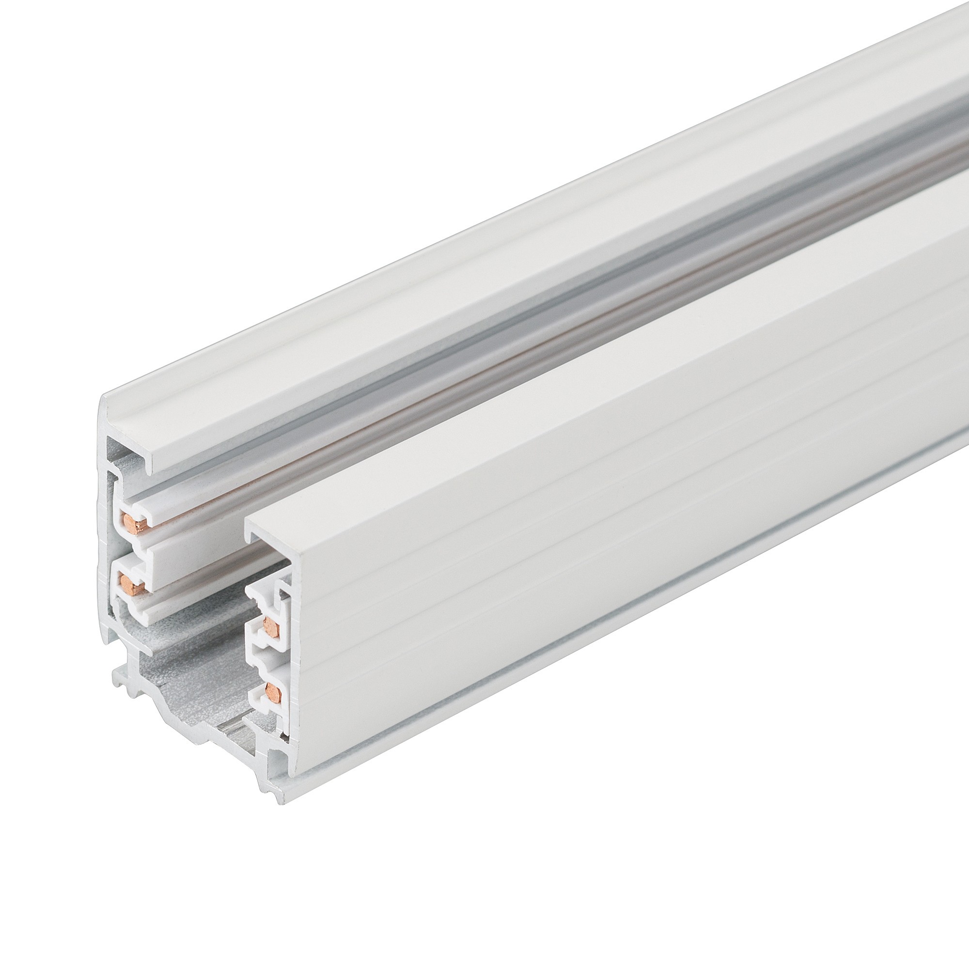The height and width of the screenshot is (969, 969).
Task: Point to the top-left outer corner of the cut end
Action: [103, 398]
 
